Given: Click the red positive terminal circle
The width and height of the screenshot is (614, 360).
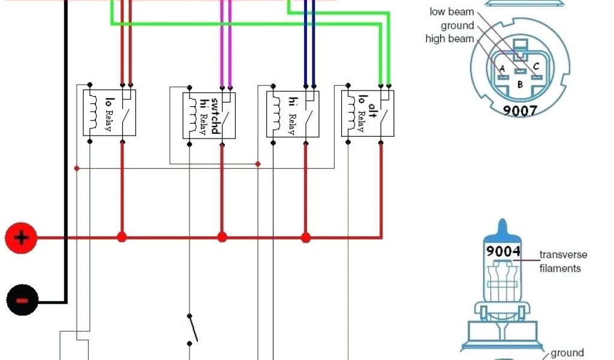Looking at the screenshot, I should pyautogui.click(x=21, y=238).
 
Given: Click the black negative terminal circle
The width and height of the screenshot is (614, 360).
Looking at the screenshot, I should pyautogui.click(x=22, y=300).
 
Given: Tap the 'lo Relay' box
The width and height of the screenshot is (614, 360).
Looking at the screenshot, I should pyautogui.click(x=109, y=112).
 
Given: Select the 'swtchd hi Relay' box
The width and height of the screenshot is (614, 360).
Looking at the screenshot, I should pyautogui.click(x=209, y=115).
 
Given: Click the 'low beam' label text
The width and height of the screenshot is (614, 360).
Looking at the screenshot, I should pyautogui.click(x=452, y=12).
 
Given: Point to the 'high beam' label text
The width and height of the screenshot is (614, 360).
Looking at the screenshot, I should pyautogui.click(x=450, y=39).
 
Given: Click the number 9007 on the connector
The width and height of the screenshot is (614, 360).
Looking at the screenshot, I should pyautogui.click(x=519, y=110).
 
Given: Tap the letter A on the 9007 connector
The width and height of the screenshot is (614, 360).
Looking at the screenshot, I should pyautogui.click(x=502, y=68).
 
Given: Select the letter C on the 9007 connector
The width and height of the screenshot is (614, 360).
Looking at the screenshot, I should pyautogui.click(x=536, y=66).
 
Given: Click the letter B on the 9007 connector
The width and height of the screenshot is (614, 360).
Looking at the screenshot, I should pyautogui.click(x=520, y=85).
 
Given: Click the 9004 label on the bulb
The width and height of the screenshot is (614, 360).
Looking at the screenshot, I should pyautogui.click(x=503, y=251).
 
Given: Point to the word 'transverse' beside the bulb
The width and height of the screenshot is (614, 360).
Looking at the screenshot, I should pyautogui.click(x=563, y=255).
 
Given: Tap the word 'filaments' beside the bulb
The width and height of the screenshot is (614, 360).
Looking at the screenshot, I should pyautogui.click(x=560, y=268).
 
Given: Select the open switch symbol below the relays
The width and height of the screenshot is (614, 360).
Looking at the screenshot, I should pyautogui.click(x=191, y=329).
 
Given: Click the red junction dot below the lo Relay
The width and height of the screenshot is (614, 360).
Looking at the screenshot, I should pyautogui.click(x=122, y=238).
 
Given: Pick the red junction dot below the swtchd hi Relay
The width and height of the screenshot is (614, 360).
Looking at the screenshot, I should pyautogui.click(x=222, y=238).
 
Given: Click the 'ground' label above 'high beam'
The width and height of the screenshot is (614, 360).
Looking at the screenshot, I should pyautogui.click(x=458, y=26).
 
